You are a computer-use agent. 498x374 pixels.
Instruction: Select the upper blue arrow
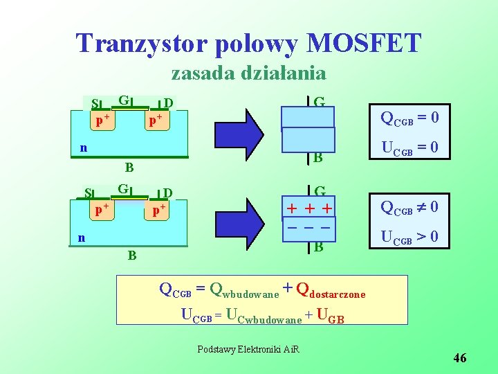pyautogui.click(x=255, y=130)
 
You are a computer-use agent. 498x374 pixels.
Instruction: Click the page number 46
pyautogui.click(x=460, y=358)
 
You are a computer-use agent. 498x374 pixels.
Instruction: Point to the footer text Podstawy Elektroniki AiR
pyautogui.click(x=249, y=349)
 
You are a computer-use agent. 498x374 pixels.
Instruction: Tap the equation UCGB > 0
pyautogui.click(x=410, y=237)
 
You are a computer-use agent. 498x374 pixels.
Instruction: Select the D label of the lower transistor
pyautogui.click(x=167, y=193)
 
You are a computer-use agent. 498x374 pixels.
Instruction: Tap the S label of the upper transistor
pyautogui.click(x=95, y=104)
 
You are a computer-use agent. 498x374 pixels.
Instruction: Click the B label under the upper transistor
pyautogui.click(x=129, y=167)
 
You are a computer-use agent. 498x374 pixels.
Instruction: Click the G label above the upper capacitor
pyautogui.click(x=319, y=103)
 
